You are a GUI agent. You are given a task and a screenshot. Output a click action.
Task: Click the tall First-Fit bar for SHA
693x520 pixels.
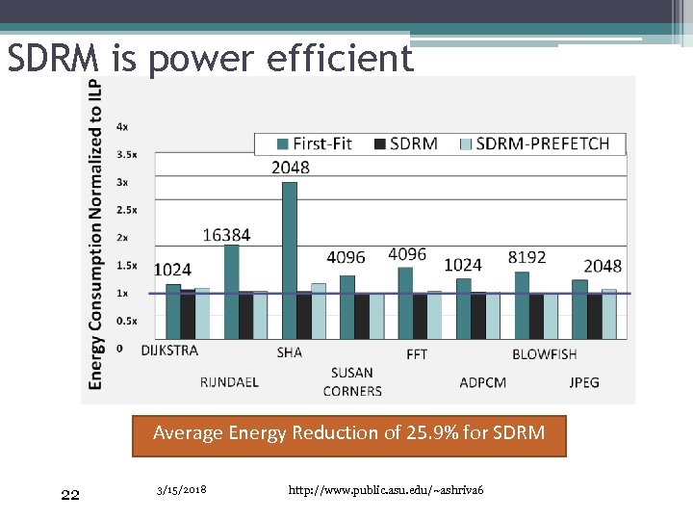[289, 260]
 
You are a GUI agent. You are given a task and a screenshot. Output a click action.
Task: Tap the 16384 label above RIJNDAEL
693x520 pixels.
[227, 235]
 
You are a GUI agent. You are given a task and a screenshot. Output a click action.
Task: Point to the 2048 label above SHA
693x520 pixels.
[291, 168]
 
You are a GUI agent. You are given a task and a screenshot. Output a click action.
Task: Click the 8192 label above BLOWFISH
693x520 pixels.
[526, 257]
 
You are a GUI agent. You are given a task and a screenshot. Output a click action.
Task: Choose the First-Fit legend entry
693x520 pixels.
[313, 143]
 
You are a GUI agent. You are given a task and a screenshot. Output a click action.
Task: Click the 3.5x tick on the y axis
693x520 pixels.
[126, 154]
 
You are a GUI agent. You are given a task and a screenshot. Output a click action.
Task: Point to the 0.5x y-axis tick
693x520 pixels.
[126, 321]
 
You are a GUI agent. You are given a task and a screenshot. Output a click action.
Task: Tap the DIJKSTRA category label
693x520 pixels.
[169, 351]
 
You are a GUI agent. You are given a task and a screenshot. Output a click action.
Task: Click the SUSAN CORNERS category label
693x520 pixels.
[352, 381]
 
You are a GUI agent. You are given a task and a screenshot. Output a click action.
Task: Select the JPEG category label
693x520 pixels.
[583, 382]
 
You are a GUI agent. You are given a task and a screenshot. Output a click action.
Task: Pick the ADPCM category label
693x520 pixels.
[482, 382]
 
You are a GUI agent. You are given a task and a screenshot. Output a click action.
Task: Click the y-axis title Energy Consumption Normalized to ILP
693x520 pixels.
[96, 235]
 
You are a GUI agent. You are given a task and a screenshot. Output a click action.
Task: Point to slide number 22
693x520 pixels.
[69, 495]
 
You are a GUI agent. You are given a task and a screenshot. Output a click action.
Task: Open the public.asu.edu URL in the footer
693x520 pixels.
[385, 492]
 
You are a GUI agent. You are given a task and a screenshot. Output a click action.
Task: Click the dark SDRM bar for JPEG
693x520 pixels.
[595, 316]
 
